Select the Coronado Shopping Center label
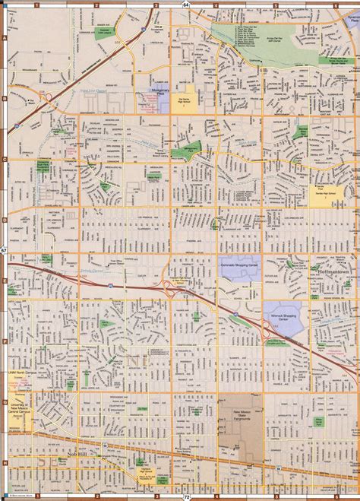click(x=241, y=265)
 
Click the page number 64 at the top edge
click(x=185, y=4)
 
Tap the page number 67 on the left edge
click(x=3, y=251)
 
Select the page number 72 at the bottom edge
click(x=185, y=497)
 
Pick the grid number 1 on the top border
click(x=36, y=5)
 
